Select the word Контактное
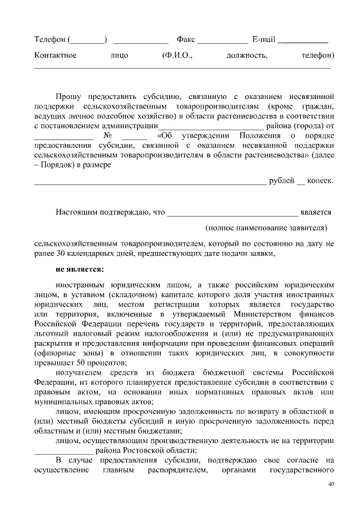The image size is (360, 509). pos(55,56)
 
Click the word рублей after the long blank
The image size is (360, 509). pos(282,181)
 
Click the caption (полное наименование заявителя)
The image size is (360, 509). pos(266,228)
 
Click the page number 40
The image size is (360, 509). pos(331,485)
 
